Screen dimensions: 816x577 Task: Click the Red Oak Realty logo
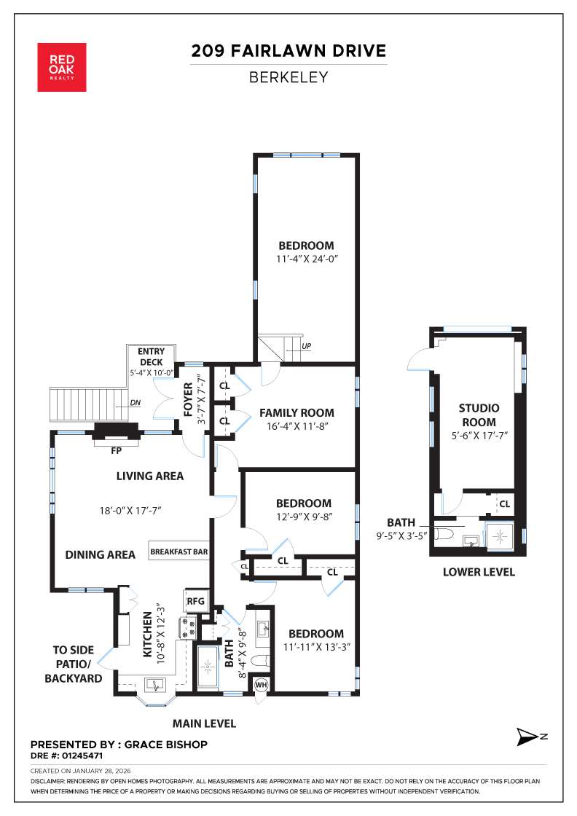point(62,67)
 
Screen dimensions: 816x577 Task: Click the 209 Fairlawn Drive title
point(288,51)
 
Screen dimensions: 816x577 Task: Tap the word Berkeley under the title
point(288,76)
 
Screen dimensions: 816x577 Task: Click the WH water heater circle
point(261,685)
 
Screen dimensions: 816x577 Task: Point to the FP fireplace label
point(115,450)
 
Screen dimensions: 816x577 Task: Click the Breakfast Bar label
point(179,552)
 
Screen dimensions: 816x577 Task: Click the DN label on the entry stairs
point(135,401)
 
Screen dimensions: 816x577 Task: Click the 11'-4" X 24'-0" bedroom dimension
point(305,259)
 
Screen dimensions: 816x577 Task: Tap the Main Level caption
point(204,723)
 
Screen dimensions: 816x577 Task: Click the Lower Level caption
point(479,572)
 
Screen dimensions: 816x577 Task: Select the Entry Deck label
point(151,357)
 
